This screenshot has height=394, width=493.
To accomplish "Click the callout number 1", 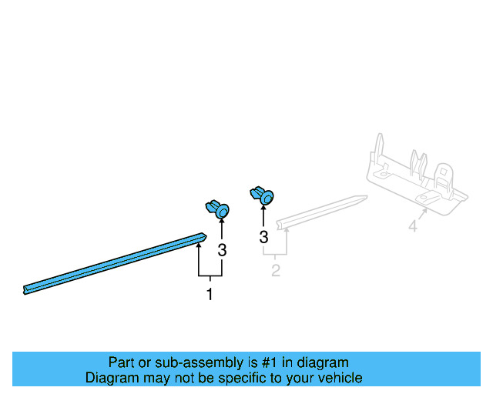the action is click(x=210, y=294).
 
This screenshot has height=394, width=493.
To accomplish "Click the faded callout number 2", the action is click(x=276, y=271).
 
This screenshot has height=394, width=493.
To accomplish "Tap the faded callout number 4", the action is click(x=413, y=226).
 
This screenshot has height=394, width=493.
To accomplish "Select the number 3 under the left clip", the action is click(x=222, y=250).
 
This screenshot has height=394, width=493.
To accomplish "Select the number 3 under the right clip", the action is click(x=263, y=237).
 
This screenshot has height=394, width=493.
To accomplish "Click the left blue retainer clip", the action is click(x=217, y=209).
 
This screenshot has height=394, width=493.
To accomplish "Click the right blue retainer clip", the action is click(x=262, y=195).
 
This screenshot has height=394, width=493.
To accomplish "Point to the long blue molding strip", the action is click(x=115, y=264).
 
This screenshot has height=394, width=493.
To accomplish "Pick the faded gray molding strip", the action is click(x=322, y=212).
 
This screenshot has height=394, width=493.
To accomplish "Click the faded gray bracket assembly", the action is click(x=417, y=178).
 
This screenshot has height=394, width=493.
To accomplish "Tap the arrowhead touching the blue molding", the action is click(x=199, y=245).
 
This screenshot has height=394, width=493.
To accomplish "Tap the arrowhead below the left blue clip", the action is click(x=222, y=221).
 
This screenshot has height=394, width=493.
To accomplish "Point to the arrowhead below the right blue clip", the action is click(x=263, y=207).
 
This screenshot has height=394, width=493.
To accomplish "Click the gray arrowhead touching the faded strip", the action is click(x=287, y=232).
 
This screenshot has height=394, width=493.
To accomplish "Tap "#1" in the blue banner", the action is click(x=270, y=362).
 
